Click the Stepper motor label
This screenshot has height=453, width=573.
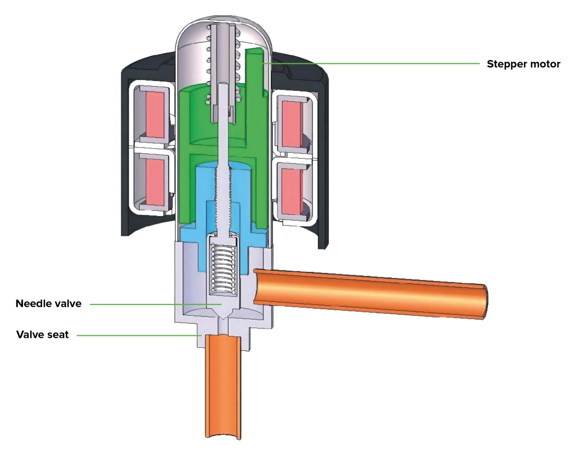point(523,64)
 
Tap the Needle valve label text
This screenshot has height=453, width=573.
point(48,304)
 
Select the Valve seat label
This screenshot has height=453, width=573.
point(42,335)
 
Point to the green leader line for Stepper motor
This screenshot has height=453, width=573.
point(372,64)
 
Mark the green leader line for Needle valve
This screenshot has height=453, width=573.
point(151,304)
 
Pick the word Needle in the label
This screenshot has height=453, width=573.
point(34,304)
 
